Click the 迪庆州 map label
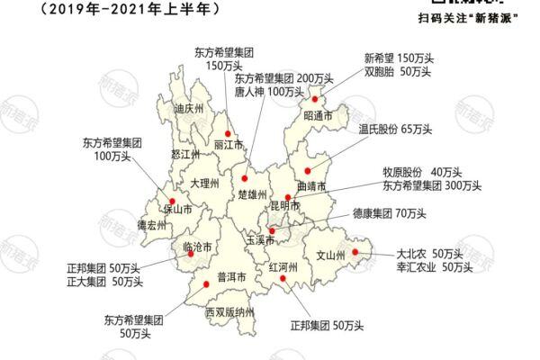(189, 109)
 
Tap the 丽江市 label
(229, 145)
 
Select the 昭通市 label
(318, 116)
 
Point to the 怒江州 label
(184, 154)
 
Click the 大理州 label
(205, 183)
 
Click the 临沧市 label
(197, 246)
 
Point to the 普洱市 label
(232, 277)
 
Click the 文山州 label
(330, 256)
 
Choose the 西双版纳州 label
(230, 312)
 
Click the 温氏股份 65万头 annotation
(396, 129)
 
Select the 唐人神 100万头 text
(270, 92)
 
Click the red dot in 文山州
(355, 253)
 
